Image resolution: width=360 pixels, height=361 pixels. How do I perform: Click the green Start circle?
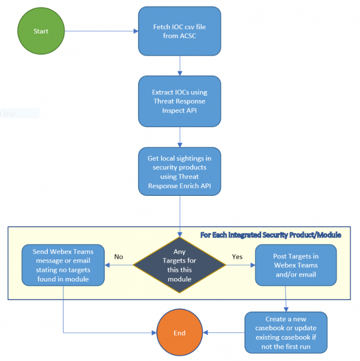click(41, 31)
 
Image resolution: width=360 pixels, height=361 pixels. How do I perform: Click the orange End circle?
click(179, 333)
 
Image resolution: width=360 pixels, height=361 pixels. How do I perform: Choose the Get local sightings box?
click(179, 172)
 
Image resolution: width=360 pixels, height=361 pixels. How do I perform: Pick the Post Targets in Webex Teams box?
click(295, 265)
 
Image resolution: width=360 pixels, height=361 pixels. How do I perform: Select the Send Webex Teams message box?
click(63, 265)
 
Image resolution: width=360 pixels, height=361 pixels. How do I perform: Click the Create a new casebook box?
click(285, 333)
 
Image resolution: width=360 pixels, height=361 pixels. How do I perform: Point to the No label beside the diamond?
click(118, 257)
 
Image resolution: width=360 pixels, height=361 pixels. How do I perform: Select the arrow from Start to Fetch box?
click(101, 31)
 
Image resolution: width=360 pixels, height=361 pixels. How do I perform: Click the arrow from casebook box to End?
click(223, 333)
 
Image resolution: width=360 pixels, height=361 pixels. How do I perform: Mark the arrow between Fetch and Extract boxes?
click(179, 65)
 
